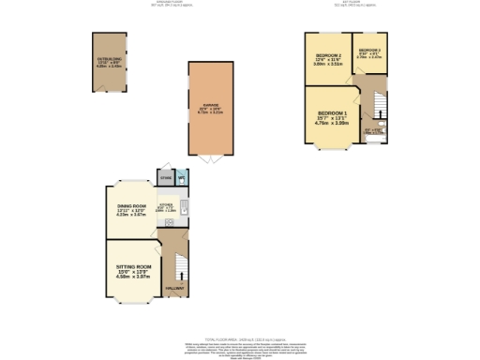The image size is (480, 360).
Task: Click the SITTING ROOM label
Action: click(128, 266)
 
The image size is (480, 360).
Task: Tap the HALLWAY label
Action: click(174, 287)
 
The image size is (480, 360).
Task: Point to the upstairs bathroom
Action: click(375, 132)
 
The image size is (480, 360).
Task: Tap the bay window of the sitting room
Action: click(131, 302)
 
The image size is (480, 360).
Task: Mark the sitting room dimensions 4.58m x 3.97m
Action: click(128, 277)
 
